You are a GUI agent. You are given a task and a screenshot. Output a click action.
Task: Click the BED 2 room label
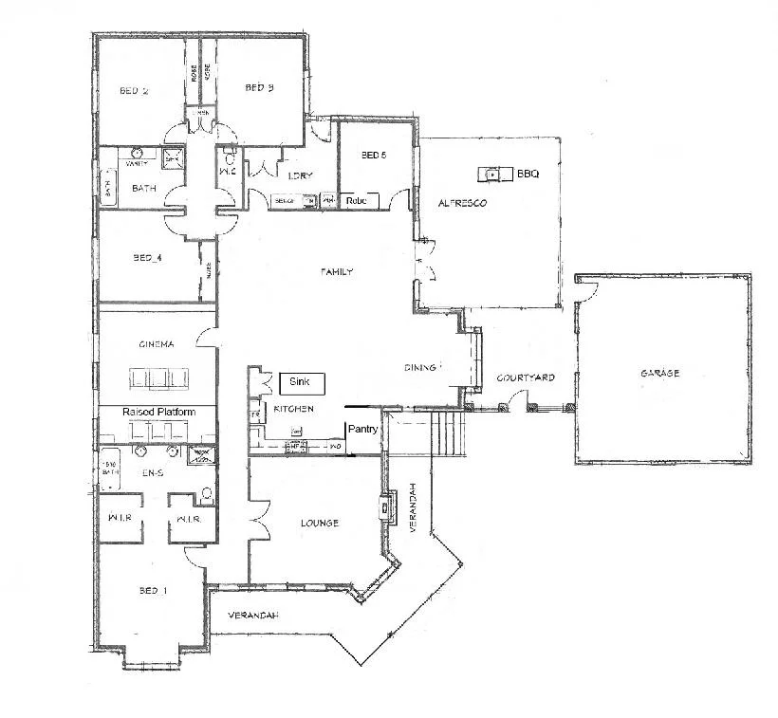click(x=134, y=92)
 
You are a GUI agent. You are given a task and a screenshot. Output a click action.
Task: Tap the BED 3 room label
click(x=259, y=88)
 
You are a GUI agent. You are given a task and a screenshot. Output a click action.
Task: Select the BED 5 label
click(x=374, y=155)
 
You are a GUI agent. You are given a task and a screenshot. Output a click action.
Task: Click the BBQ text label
click(x=528, y=174)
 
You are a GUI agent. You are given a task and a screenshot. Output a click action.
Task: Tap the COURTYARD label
click(x=526, y=378)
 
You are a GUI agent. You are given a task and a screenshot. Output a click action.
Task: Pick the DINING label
click(x=418, y=367)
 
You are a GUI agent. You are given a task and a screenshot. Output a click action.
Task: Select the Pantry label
click(x=362, y=429)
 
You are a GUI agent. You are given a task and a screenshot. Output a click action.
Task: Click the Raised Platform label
click(x=159, y=413)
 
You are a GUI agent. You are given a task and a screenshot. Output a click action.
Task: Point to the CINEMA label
click(x=155, y=344)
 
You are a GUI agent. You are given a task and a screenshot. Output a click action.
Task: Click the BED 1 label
click(x=153, y=591)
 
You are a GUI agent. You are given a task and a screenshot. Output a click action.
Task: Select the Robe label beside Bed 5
click(x=357, y=201)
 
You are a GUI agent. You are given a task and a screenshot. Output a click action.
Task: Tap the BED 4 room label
click(x=148, y=257)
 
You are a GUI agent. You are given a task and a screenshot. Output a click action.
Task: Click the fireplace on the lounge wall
click(x=387, y=507)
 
